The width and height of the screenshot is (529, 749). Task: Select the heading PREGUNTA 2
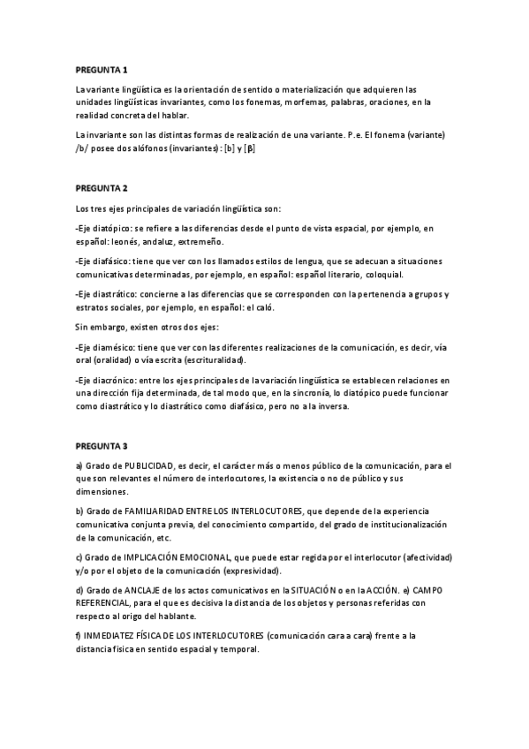coord(102,188)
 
